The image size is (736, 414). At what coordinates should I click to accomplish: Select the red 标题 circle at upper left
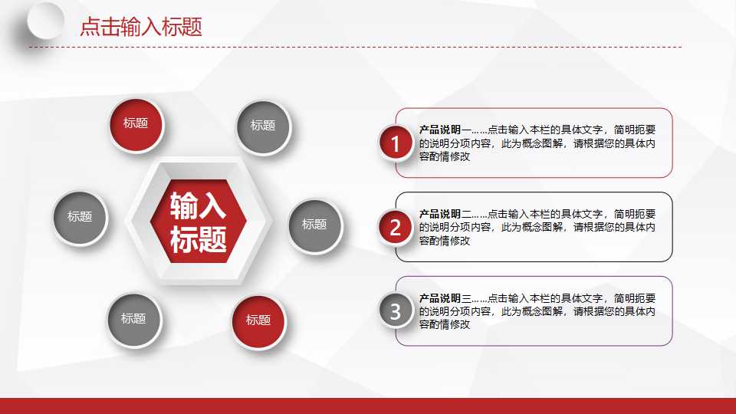pyautogui.click(x=136, y=123)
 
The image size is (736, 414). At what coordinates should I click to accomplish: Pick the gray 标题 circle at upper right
pyautogui.click(x=263, y=126)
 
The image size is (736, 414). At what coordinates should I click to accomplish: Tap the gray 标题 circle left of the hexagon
pyautogui.click(x=80, y=217)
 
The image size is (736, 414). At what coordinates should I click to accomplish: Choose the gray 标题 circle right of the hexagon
pyautogui.click(x=314, y=225)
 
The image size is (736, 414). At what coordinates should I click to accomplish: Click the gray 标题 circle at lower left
pyautogui.click(x=133, y=318)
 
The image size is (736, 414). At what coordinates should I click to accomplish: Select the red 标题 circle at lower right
pyautogui.click(x=258, y=320)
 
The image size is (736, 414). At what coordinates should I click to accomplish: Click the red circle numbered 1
pyautogui.click(x=396, y=143)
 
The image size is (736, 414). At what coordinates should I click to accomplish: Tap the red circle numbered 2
pyautogui.click(x=396, y=227)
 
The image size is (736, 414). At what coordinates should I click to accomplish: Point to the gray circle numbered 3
pyautogui.click(x=396, y=311)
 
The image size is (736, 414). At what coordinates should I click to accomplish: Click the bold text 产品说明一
pyautogui.click(x=440, y=130)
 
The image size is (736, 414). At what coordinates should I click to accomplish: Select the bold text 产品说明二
pyautogui.click(x=440, y=214)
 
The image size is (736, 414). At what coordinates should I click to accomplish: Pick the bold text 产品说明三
pyautogui.click(x=440, y=298)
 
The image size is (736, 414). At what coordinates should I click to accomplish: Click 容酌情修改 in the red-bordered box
pyautogui.click(x=445, y=156)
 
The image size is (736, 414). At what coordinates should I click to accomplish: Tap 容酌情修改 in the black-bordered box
pyautogui.click(x=445, y=241)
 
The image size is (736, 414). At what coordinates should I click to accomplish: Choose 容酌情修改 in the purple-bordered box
pyautogui.click(x=445, y=325)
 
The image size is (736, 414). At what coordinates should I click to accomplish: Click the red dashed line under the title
pyautogui.click(x=353, y=47)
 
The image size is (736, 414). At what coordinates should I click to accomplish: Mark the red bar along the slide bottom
pyautogui.click(x=368, y=406)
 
